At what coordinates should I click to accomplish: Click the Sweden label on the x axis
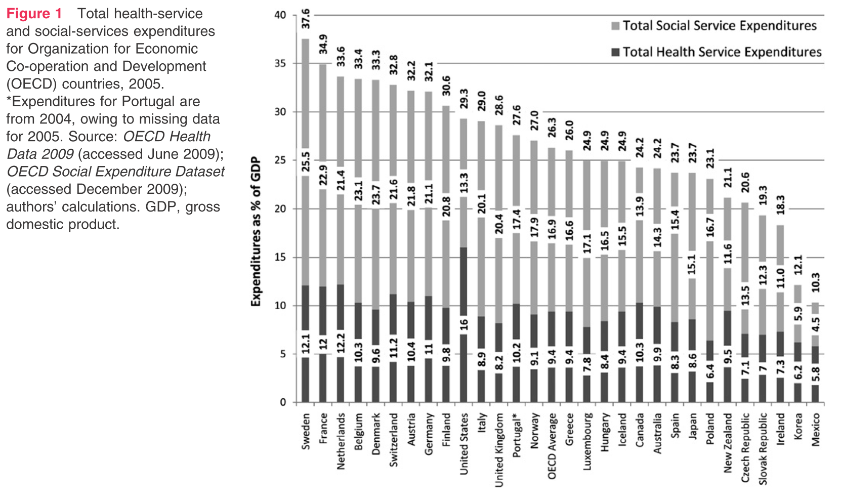(x=306, y=431)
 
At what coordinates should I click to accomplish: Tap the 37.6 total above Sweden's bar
(x=306, y=19)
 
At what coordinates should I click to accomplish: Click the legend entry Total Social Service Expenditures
(x=719, y=26)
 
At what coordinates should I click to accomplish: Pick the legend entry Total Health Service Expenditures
(x=722, y=52)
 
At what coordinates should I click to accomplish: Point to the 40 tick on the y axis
(x=280, y=15)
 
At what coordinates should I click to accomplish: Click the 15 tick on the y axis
(x=280, y=257)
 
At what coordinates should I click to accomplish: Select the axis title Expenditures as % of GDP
(x=256, y=231)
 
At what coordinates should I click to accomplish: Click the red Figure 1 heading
(x=34, y=14)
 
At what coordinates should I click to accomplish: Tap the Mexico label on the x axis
(x=816, y=429)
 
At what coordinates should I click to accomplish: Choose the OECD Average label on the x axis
(x=552, y=446)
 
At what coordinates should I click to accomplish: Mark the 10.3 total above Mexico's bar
(x=816, y=282)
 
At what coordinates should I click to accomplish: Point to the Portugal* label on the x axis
(x=517, y=435)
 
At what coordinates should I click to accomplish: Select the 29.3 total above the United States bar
(x=463, y=99)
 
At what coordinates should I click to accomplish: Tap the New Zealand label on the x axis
(x=728, y=443)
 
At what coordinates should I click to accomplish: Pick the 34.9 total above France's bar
(x=323, y=44)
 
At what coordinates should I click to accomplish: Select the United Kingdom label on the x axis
(x=499, y=450)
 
